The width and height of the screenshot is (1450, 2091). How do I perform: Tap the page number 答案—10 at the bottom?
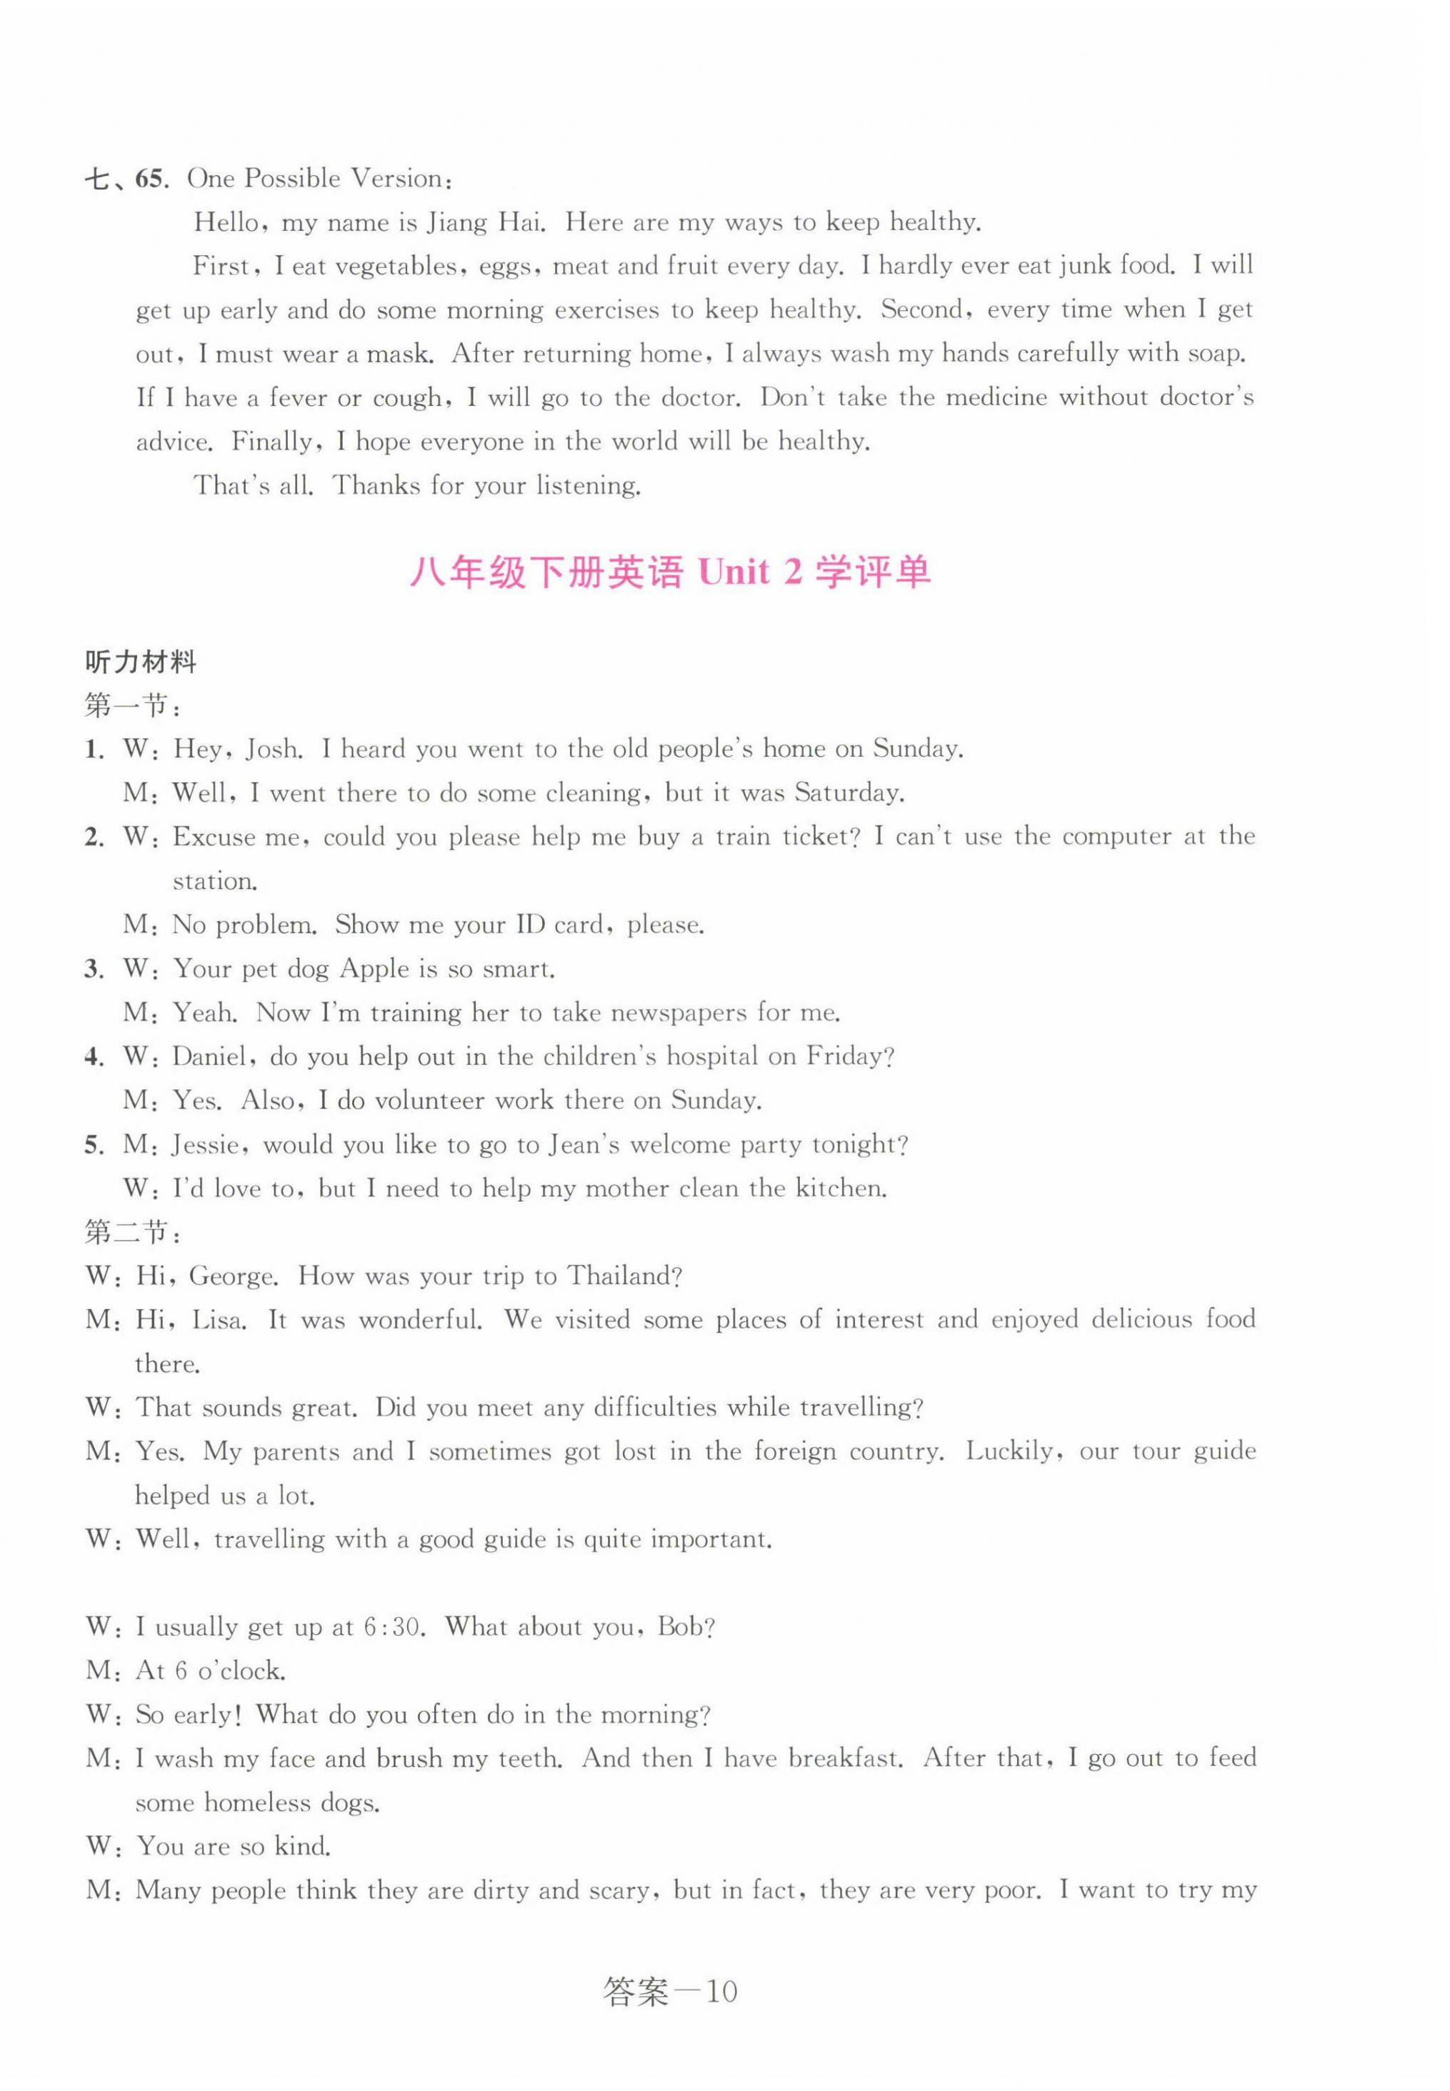pos(671,1993)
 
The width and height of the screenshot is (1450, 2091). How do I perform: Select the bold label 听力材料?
pos(141,662)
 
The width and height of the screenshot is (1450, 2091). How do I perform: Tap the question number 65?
pos(151,179)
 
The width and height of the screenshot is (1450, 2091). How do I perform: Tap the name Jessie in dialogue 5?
pos(208,1145)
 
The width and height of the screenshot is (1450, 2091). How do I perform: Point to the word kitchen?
pos(839,1188)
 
